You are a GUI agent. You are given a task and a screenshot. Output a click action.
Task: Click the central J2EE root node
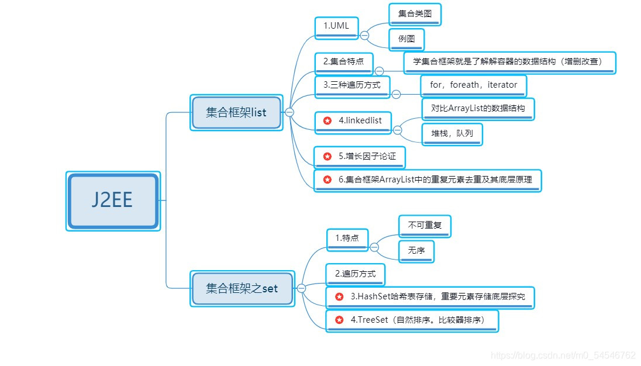tap(113, 201)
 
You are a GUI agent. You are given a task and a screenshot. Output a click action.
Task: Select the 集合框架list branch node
tap(236, 112)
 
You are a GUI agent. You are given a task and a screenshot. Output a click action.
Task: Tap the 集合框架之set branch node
tap(242, 288)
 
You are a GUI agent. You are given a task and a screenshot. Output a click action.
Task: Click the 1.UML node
tap(336, 26)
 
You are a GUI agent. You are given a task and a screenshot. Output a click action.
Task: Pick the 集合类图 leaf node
tap(415, 14)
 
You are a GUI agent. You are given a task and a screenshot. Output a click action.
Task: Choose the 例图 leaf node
tap(406, 40)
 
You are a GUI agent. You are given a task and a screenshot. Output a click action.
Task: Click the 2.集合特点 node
tap(343, 62)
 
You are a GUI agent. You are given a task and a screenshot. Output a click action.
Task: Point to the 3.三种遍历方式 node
tap(351, 85)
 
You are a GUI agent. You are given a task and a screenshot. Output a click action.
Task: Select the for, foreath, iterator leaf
tap(473, 85)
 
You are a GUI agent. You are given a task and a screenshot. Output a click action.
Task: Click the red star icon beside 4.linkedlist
tap(328, 120)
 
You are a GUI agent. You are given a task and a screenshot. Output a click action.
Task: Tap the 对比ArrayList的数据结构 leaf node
tap(478, 108)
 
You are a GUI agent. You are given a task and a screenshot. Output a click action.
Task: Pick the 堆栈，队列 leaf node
tap(452, 134)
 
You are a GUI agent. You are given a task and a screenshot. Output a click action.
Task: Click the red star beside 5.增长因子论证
tap(328, 157)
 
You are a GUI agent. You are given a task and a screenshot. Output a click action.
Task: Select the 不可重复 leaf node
tap(425, 225)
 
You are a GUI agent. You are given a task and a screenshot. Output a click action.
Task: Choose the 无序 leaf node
tap(416, 250)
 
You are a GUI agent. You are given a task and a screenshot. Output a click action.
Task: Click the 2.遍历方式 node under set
tap(355, 273)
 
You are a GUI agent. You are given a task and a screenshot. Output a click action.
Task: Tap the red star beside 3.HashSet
tap(339, 296)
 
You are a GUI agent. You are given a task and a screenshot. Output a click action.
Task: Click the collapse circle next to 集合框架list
tap(290, 112)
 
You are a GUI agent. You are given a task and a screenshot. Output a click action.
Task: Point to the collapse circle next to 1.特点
tap(374, 247)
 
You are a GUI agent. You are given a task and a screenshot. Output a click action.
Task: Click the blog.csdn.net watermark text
tap(563, 355)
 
